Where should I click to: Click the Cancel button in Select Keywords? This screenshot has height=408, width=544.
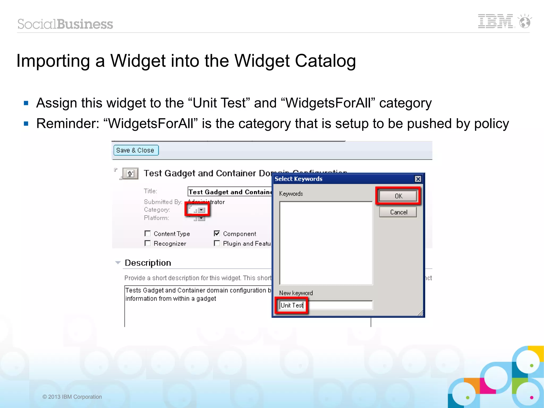[398, 212]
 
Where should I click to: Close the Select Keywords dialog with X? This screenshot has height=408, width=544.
[418, 179]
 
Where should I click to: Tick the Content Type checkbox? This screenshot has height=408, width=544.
[148, 233]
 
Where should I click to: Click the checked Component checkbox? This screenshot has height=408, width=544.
[217, 233]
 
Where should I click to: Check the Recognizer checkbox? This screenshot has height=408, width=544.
[148, 243]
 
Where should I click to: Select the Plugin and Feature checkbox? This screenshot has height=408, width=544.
[217, 243]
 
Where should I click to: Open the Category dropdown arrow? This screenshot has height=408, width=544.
[202, 210]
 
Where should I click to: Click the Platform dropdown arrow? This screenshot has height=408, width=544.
[202, 218]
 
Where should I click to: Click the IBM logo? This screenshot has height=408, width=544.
[495, 22]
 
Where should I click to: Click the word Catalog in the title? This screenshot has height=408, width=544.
[325, 61]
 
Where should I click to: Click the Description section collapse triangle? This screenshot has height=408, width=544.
[118, 263]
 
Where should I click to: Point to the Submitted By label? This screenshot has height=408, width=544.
[163, 202]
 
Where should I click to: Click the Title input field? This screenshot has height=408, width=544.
[230, 192]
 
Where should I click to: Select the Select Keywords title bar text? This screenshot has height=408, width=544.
[298, 179]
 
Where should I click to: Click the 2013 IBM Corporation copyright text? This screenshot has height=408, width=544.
[72, 397]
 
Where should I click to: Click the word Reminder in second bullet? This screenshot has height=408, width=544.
[67, 124]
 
